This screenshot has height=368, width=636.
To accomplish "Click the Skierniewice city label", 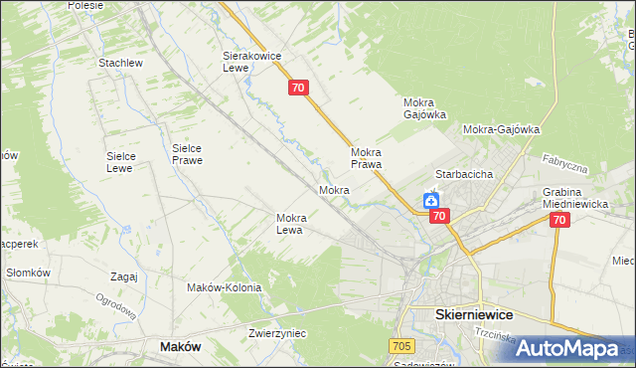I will pyautogui.click(x=476, y=313).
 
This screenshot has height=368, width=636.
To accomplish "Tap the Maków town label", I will pyautogui.click(x=181, y=346).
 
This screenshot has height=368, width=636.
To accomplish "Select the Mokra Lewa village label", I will pyautogui.click(x=296, y=224).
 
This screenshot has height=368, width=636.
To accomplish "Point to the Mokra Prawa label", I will pyautogui.click(x=367, y=158).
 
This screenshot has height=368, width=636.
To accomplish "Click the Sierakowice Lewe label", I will pyautogui.click(x=247, y=63).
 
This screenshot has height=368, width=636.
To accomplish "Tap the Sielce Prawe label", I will pyautogui.click(x=187, y=153).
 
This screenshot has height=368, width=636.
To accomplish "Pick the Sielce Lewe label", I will pyautogui.click(x=127, y=161).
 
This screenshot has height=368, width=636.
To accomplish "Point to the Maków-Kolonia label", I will pyautogui.click(x=224, y=287).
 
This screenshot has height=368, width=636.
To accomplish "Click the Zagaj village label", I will pyautogui.click(x=124, y=277).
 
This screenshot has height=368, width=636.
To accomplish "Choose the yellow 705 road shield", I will pyautogui.click(x=400, y=344).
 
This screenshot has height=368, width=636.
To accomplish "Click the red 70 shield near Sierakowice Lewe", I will pyautogui.click(x=300, y=89).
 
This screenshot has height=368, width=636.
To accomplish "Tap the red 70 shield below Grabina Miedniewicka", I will pyautogui.click(x=558, y=220).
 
